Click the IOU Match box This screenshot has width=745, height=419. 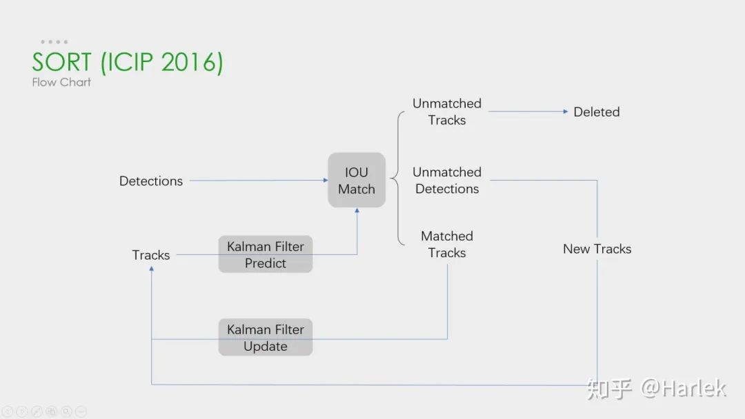tap(356, 181)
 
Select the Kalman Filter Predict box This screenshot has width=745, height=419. tap(266, 254)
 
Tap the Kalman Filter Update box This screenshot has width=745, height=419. tap(266, 338)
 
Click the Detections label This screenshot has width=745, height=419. tap(151, 181)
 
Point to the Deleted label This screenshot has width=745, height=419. tap(597, 112)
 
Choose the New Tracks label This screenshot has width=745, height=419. tap(597, 249)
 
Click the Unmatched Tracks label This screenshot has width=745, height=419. tap(447, 112)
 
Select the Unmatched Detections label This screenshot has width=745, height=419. tap(447, 181)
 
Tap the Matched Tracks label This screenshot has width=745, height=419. tap(447, 245)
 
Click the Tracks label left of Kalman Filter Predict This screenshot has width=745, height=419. tap(151, 255)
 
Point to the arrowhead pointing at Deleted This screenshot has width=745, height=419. tap(566, 112)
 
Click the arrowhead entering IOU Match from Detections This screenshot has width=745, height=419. tap(325, 181)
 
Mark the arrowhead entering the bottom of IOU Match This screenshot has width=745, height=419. tap(357, 211)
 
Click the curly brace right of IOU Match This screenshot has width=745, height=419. tap(395, 179)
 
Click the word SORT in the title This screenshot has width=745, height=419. tap(61, 62)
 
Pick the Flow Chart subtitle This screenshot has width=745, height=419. tap(61, 82)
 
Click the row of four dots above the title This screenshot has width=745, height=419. tap(54, 42)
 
